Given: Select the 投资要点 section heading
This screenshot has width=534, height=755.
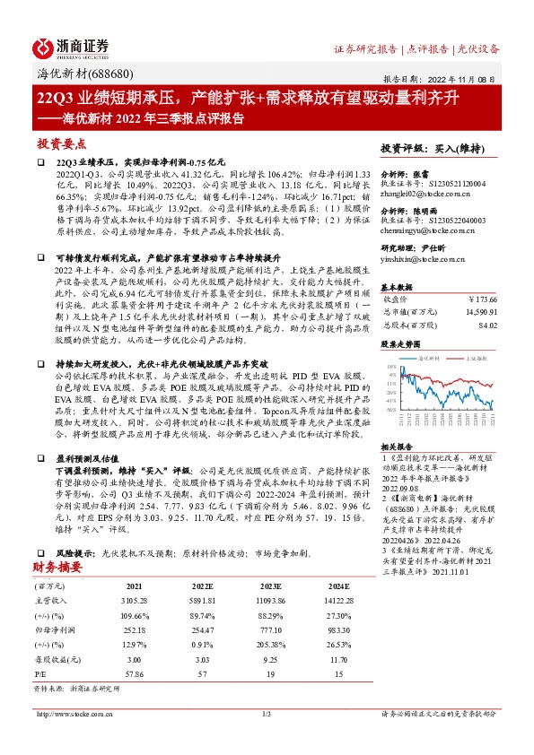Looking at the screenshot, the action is [x=61, y=143].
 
